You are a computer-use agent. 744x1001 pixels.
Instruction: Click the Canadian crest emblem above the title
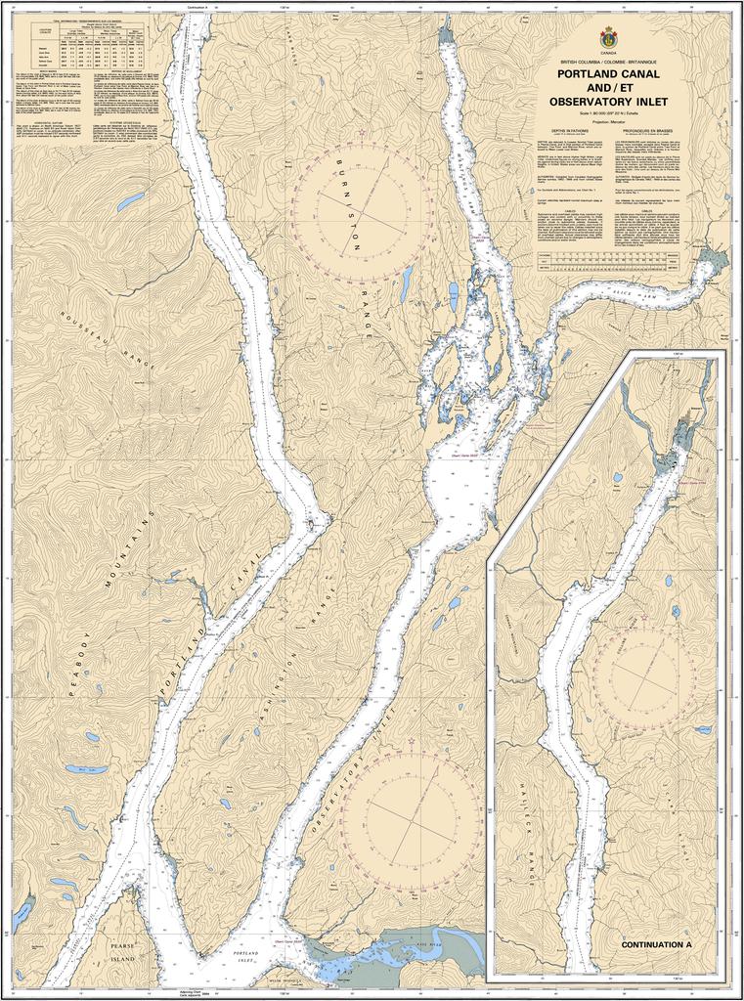click(607, 36)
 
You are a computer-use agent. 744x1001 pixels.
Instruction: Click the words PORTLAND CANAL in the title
click(607, 73)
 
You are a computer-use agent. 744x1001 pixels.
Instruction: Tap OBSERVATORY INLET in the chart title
click(607, 101)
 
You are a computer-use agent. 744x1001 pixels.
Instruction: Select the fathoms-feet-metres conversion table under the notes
click(607, 261)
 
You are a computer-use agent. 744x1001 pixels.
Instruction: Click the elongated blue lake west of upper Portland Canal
click(130, 203)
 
